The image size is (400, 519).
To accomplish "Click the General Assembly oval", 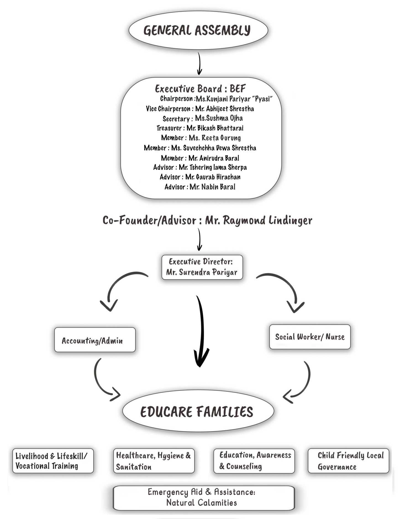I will click(198, 30).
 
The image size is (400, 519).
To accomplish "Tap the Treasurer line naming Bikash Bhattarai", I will click(200, 128).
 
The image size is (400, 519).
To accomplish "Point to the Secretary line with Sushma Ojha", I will click(202, 118).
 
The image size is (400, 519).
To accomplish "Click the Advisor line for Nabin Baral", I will click(200, 187).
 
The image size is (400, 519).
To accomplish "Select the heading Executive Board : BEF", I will click(200, 89).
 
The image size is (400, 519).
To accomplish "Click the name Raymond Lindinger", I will click(259, 220).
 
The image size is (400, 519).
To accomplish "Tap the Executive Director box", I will click(202, 267).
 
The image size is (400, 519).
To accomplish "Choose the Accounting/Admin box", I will click(95, 340).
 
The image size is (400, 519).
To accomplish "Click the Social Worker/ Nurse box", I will click(310, 337).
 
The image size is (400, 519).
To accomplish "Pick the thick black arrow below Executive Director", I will click(201, 331).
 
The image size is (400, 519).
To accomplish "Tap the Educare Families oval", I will click(198, 411).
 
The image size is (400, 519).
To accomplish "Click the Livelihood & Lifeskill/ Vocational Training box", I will click(53, 461).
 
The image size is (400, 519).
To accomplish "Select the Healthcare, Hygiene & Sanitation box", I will click(154, 461).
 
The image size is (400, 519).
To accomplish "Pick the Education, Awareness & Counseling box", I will click(254, 461).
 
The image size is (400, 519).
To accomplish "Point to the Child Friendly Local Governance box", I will click(348, 461).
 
